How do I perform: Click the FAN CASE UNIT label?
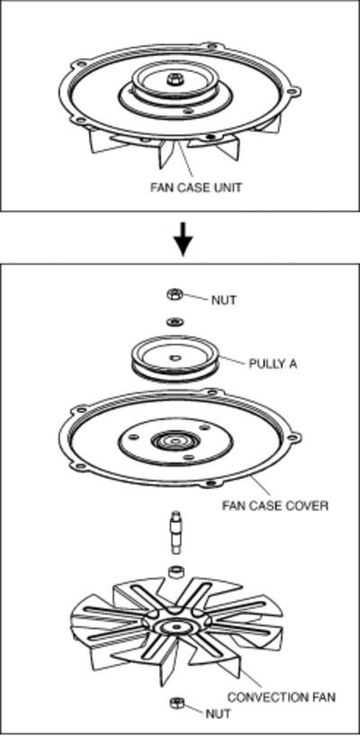195,187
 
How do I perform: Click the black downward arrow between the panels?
182,239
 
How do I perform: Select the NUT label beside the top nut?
223,300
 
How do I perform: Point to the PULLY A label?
272,364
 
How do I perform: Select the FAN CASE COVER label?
275,506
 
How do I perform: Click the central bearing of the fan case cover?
175,441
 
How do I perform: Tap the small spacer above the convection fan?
176,572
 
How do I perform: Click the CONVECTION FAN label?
282,697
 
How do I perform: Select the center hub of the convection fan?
175,626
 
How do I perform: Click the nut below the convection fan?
176,704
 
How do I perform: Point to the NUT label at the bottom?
219,714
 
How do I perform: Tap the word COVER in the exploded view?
309,506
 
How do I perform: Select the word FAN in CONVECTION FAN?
323,697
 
